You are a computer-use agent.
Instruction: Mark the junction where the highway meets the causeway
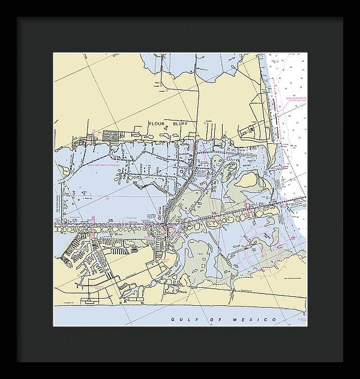[164, 225]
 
